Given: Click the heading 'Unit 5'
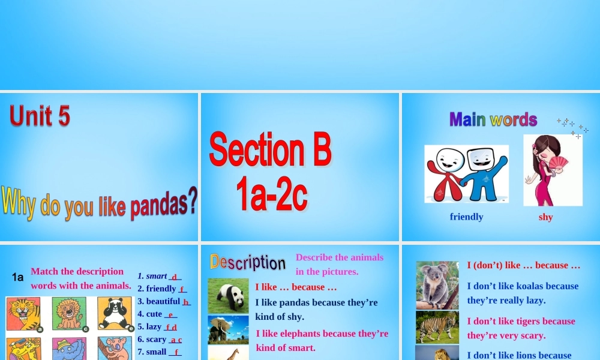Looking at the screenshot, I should [x=40, y=116].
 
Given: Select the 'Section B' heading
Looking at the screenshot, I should [x=270, y=151].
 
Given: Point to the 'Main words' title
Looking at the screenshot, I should [x=493, y=119].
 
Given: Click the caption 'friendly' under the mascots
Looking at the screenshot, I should [x=466, y=217].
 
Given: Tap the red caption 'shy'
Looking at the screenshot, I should [x=545, y=217].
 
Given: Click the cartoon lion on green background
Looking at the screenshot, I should [x=69, y=314].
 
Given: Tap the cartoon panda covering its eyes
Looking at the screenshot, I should [x=115, y=313].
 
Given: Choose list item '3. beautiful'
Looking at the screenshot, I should [x=159, y=301].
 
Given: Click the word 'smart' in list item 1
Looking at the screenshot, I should [x=157, y=276].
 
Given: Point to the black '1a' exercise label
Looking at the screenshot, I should [x=18, y=277].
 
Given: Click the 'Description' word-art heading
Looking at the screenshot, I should [x=248, y=262].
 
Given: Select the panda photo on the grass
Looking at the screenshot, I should [x=228, y=296].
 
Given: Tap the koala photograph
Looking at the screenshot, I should [x=437, y=285].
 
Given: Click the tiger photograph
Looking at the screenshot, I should [x=437, y=327].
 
